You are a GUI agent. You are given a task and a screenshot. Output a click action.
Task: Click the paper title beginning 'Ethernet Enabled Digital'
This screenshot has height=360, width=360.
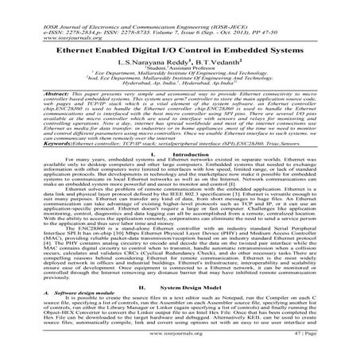click(180, 46)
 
